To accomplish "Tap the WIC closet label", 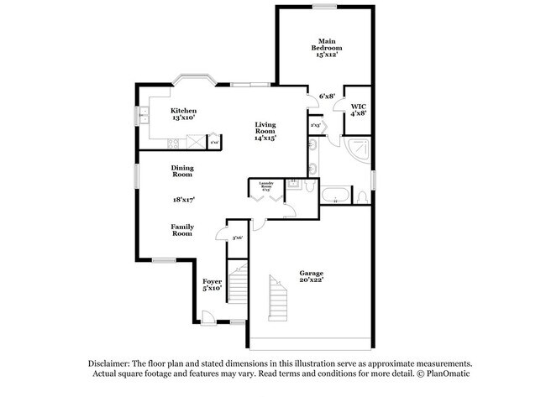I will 359,110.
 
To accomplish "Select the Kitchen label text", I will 183,114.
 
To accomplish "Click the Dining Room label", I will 182,170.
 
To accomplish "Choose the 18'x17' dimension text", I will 183,199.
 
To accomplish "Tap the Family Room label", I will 182,229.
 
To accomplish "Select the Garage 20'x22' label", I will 312,276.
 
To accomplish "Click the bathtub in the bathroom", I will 337,198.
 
